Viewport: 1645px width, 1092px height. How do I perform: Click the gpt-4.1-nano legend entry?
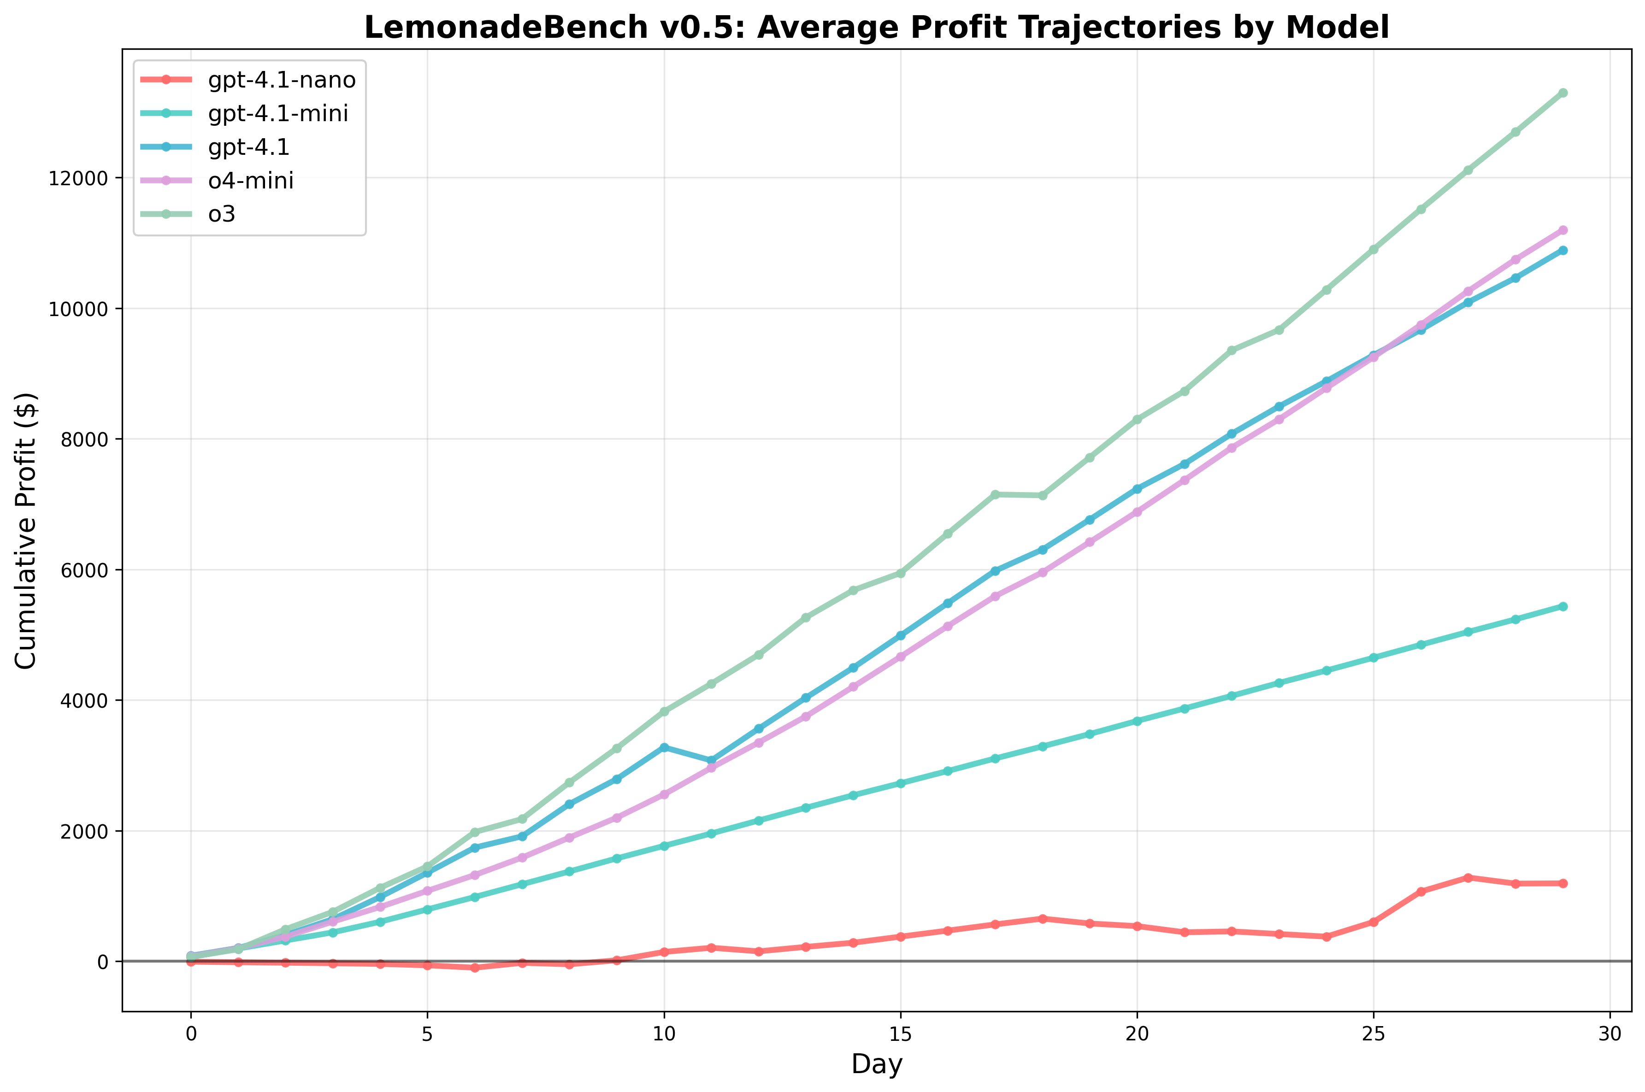coord(281,80)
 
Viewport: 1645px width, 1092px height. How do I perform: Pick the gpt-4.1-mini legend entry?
coord(278,113)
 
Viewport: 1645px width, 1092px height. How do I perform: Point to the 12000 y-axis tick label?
coord(79,178)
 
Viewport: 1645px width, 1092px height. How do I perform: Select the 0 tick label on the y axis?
coord(102,962)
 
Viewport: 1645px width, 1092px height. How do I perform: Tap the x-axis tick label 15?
coord(901,1035)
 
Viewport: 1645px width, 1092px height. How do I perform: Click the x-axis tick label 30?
coord(1610,1035)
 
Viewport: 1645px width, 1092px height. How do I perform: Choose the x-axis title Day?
coord(877,1065)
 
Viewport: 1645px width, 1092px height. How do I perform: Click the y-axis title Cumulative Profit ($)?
coord(26,531)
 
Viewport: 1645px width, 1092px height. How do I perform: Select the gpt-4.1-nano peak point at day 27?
coord(1468,877)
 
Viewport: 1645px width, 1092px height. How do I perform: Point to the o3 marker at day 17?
coord(995,494)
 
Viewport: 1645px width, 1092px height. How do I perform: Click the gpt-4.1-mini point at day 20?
coord(1137,721)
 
